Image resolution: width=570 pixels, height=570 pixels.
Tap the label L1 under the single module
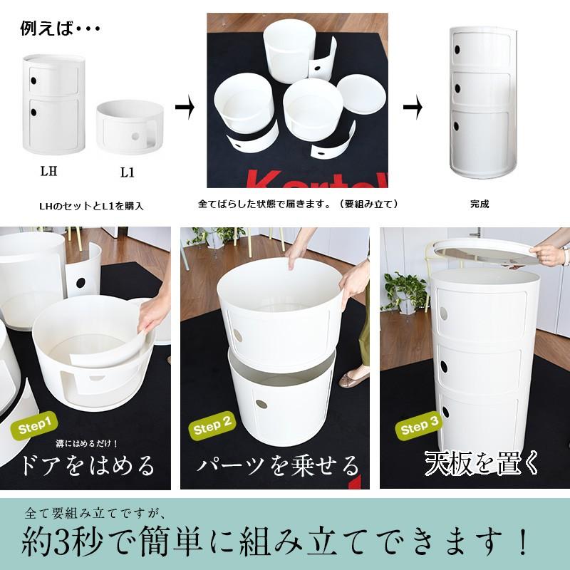tap(128, 172)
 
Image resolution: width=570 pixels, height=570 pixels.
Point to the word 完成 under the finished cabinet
tap(480, 204)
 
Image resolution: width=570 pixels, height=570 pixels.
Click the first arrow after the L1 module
tap(185, 108)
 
